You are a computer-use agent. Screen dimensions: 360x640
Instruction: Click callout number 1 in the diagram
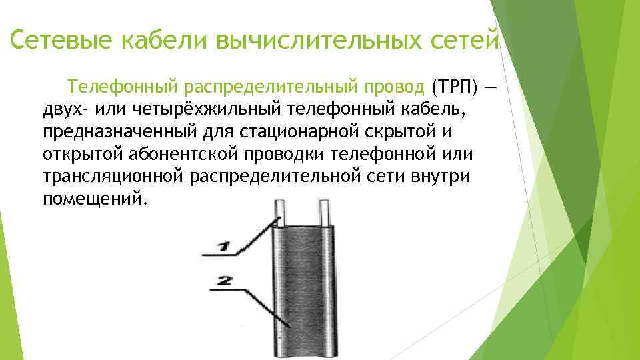point(224,248)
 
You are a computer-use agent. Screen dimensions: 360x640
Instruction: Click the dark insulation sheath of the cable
point(304,293)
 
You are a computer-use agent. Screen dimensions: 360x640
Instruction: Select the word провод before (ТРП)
point(393,87)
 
